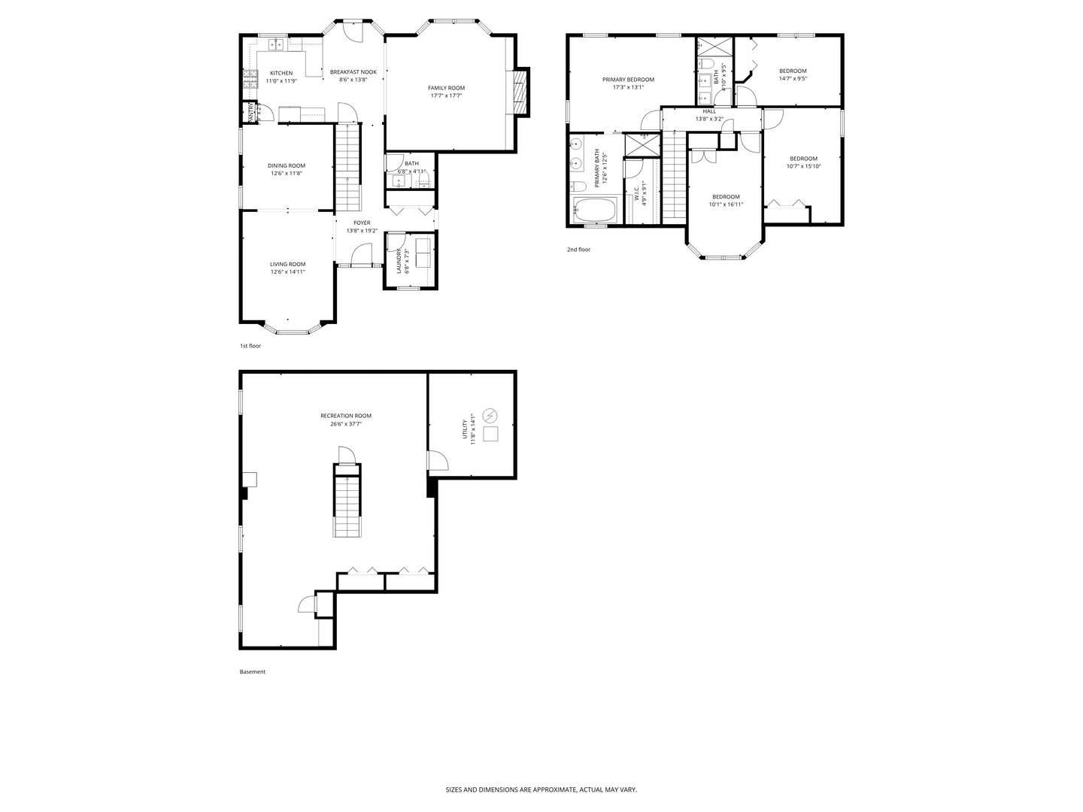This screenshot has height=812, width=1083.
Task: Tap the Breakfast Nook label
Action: (353, 72)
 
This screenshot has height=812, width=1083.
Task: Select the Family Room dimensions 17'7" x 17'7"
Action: (446, 95)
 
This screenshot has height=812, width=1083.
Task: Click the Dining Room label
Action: (287, 165)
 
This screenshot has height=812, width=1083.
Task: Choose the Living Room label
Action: (287, 264)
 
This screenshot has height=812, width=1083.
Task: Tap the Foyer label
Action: (362, 223)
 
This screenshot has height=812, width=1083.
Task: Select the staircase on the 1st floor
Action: (347, 169)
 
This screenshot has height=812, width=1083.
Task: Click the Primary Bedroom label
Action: (628, 79)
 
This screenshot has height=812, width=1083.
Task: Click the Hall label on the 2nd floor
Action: (709, 111)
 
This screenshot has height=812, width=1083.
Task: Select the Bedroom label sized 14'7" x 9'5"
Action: (793, 71)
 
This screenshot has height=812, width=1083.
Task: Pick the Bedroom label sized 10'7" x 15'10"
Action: (803, 158)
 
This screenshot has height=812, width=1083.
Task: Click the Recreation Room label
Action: (345, 416)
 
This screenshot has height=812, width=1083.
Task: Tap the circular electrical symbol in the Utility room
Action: (490, 414)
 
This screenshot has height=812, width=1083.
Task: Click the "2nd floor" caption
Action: (578, 250)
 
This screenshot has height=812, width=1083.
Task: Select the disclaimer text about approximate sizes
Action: (541, 789)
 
